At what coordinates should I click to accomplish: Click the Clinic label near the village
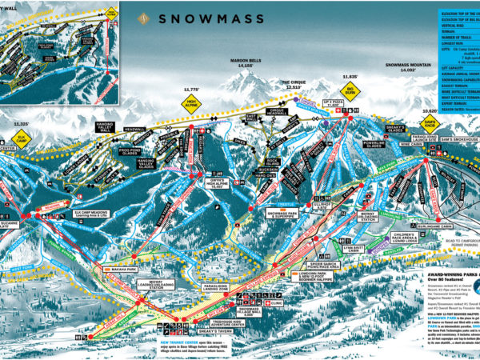pos(275,303)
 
